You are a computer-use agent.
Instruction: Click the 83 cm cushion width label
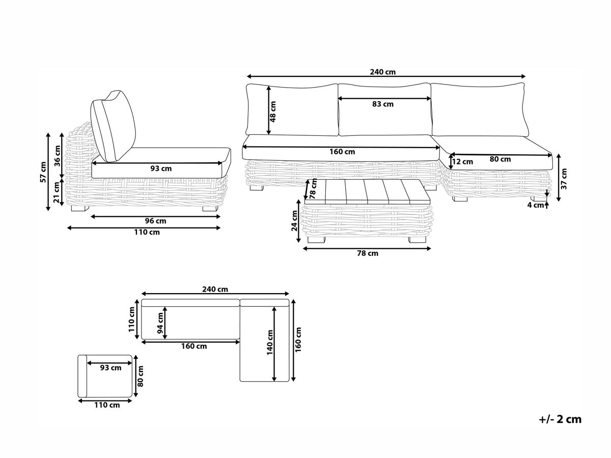tap(383, 104)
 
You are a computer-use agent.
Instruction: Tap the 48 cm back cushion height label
tap(273, 111)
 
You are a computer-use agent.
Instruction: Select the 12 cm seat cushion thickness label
tap(462, 162)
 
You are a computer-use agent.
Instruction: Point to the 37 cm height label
tap(564, 179)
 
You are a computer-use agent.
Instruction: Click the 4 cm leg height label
tap(535, 205)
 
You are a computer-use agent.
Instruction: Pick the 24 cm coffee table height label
tap(294, 221)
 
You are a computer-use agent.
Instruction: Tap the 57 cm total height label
tap(43, 172)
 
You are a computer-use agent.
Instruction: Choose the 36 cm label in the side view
tap(58, 156)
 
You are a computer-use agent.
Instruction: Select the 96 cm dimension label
tap(155, 221)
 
